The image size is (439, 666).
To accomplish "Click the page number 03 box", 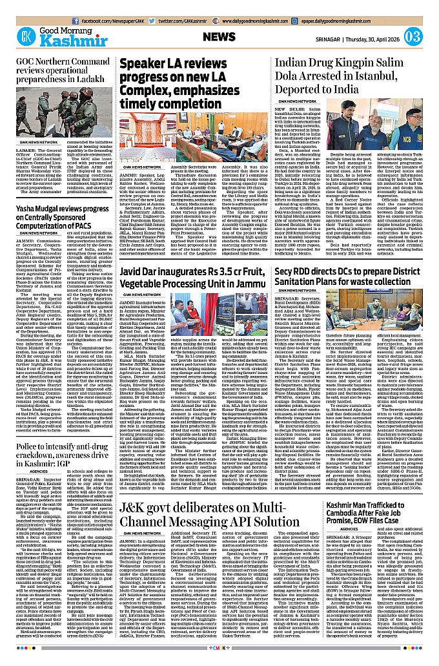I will (x=414, y=36).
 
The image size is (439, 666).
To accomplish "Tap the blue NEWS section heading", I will (x=223, y=37).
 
